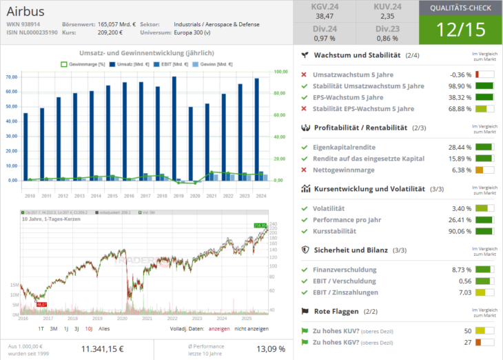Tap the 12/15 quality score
click(x=460, y=30)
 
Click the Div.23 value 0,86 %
click(x=388, y=38)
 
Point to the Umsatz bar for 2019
click(x=174, y=128)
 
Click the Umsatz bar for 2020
click(x=190, y=143)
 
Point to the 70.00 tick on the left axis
click(x=10, y=77)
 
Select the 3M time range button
click(x=54, y=328)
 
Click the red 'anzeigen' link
click(x=218, y=328)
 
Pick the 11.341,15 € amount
click(x=103, y=349)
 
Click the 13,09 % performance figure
click(x=271, y=349)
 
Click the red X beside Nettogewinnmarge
click(x=305, y=170)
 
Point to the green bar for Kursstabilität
click(x=484, y=231)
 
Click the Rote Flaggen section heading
click(x=333, y=312)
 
